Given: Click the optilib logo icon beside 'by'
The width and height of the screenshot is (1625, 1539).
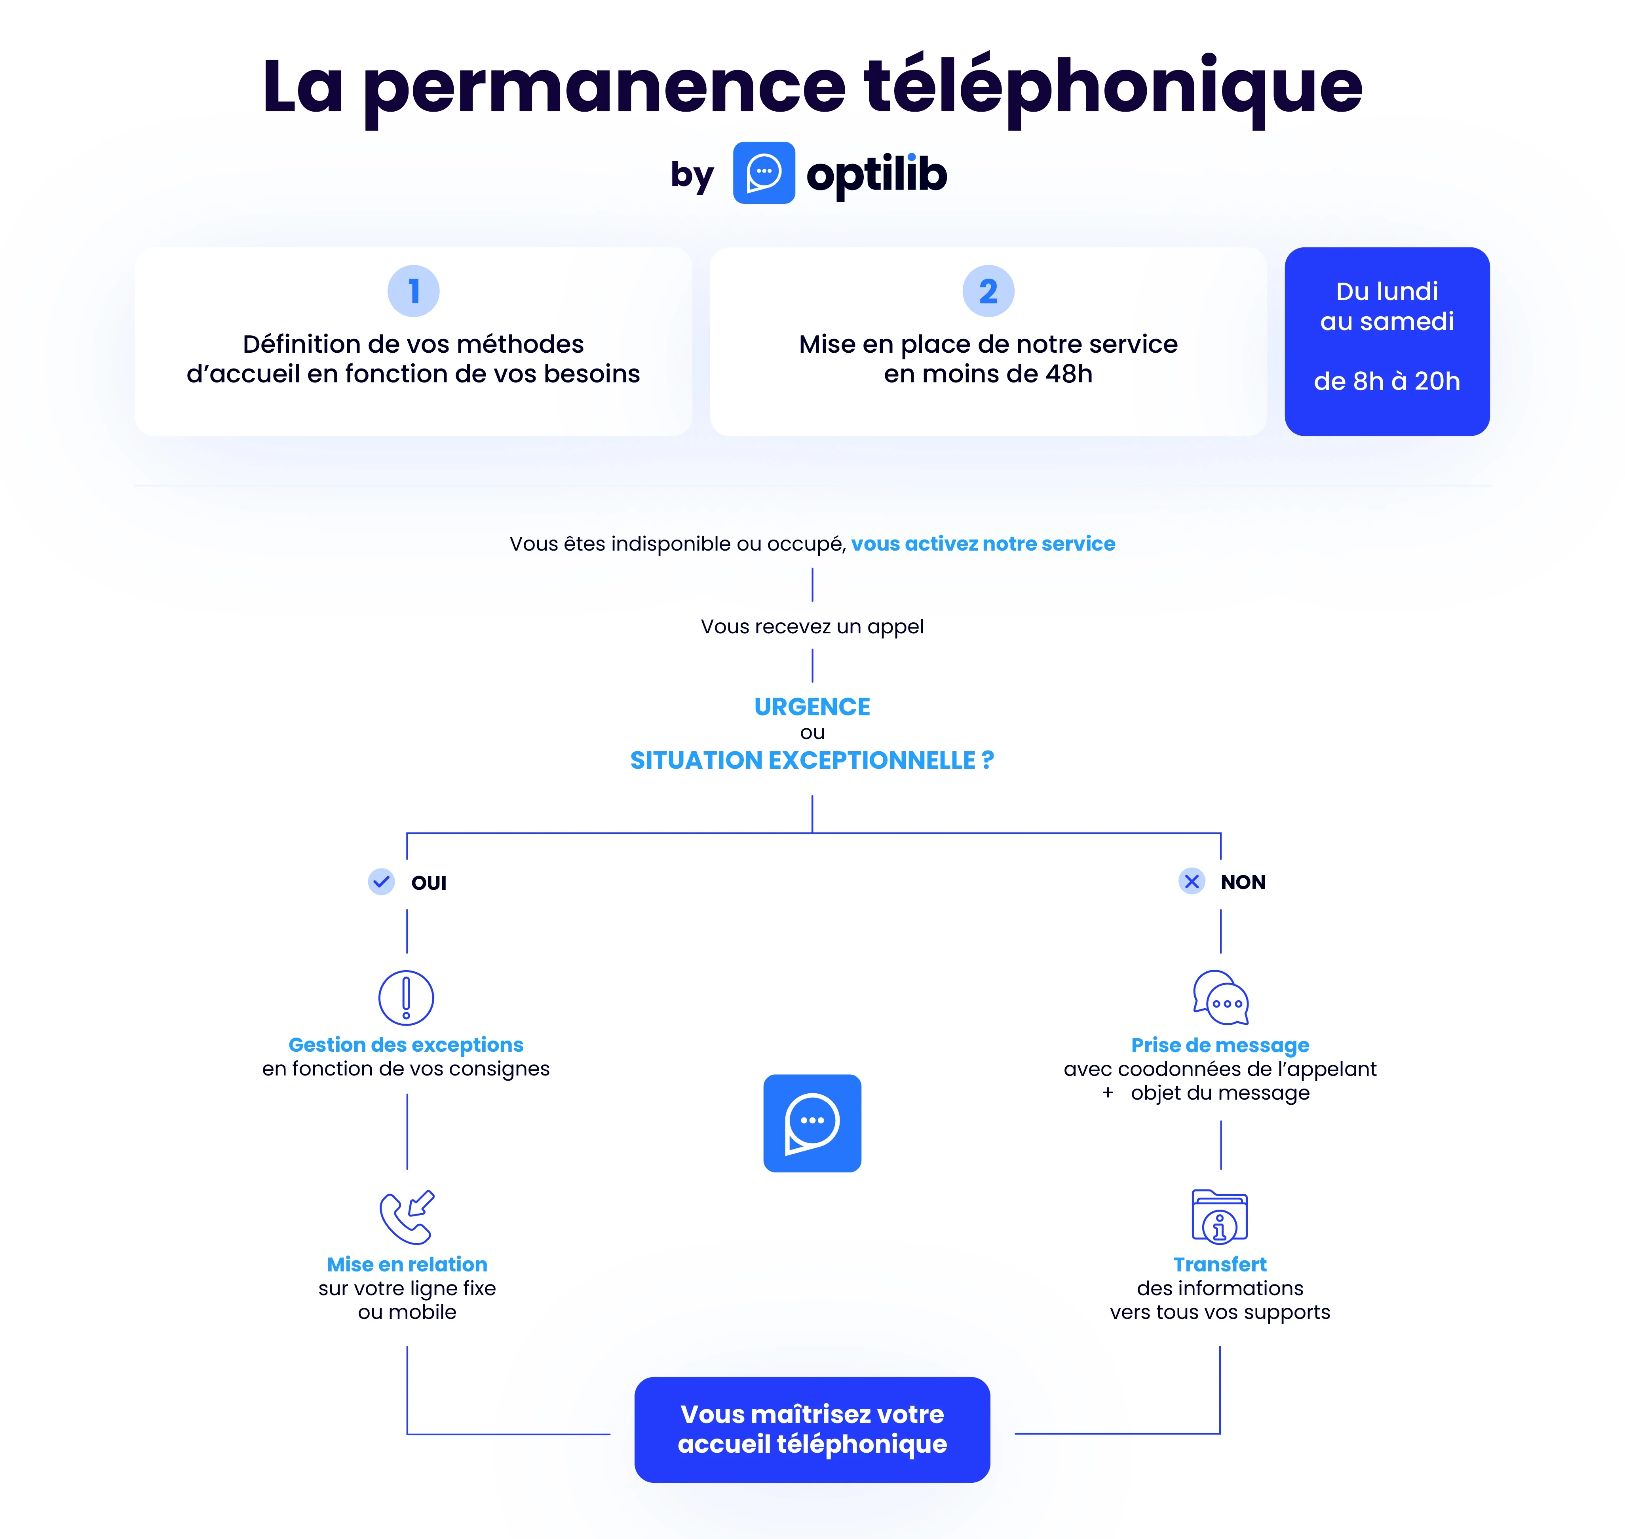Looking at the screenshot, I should click(763, 173).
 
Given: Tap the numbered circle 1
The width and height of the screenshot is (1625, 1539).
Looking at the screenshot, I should click(413, 291).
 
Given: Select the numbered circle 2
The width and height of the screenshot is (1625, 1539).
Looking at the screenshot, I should click(988, 291).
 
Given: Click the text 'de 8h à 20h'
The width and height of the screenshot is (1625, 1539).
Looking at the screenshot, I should click(1386, 382).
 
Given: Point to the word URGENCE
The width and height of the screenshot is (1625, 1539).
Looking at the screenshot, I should click(812, 706).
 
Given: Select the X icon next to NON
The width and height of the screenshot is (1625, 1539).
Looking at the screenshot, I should click(1191, 882).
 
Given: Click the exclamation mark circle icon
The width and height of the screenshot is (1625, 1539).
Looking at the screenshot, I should click(406, 997).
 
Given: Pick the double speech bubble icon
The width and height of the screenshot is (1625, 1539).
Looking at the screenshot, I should click(1220, 997).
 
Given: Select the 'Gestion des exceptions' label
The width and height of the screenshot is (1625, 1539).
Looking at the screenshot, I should click(406, 1045).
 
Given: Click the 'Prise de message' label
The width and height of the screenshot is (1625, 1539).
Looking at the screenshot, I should click(1220, 1045).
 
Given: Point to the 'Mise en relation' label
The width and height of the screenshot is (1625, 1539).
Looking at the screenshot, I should click(407, 1264).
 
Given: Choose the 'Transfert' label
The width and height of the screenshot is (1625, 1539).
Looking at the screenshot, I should click(1220, 1264).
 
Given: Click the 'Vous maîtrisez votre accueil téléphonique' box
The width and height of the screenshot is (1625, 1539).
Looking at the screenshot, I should click(812, 1429).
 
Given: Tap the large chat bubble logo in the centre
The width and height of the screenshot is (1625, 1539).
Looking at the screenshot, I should click(812, 1123).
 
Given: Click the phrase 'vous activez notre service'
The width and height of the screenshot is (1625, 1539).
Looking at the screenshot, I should click(983, 544).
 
